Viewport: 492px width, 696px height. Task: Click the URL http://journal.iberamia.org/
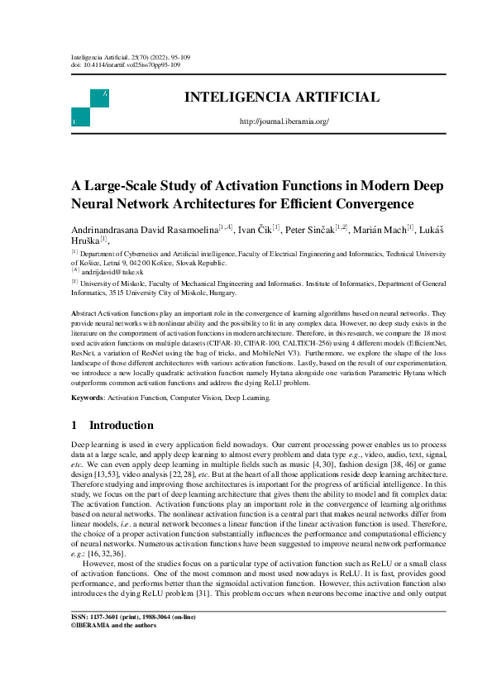pos(284,122)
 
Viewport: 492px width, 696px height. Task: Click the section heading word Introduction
pos(121,426)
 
